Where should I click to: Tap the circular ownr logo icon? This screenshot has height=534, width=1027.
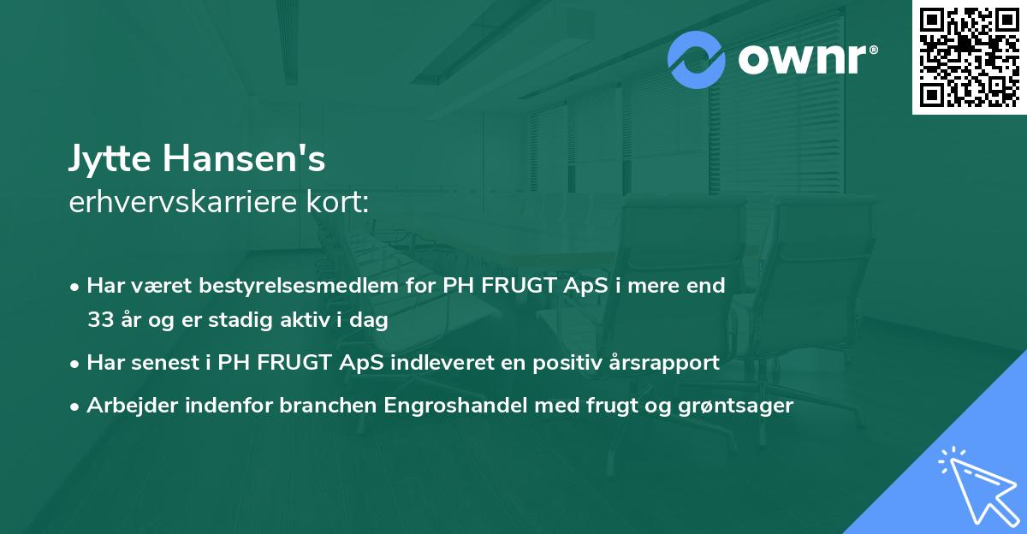click(696, 60)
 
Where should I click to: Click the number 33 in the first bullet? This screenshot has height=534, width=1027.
click(101, 321)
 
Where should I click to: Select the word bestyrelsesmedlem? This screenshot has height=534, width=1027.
click(282, 286)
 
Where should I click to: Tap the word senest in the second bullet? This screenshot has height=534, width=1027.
click(163, 363)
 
